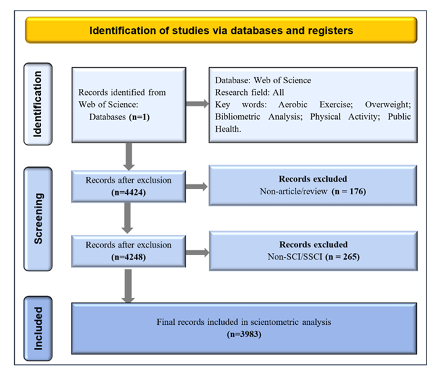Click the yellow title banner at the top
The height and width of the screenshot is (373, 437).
[x=222, y=30]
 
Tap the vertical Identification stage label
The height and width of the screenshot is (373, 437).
[x=38, y=104]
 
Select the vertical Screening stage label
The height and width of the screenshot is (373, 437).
[x=38, y=219]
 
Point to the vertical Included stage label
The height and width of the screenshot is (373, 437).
[x=38, y=329]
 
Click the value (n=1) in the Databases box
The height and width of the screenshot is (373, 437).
[x=139, y=117]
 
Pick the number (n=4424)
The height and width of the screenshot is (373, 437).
[x=128, y=192]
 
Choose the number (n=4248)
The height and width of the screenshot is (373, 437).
[x=128, y=257]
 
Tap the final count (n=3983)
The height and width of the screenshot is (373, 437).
[x=244, y=334]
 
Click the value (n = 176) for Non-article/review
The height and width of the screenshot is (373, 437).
[x=349, y=192]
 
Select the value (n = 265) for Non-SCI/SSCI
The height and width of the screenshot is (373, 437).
[x=343, y=256]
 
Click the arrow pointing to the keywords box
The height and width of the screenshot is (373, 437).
[x=198, y=104]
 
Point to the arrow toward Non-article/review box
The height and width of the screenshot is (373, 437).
[x=197, y=186]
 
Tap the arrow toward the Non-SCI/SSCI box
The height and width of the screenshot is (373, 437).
[x=198, y=253]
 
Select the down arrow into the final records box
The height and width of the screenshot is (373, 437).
[x=128, y=286]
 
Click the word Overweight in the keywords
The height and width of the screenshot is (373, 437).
[x=388, y=105]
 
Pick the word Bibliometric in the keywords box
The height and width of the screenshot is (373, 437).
[x=238, y=117]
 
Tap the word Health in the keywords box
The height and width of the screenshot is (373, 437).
[x=228, y=129]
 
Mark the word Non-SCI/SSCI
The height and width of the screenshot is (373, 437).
[x=295, y=256]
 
